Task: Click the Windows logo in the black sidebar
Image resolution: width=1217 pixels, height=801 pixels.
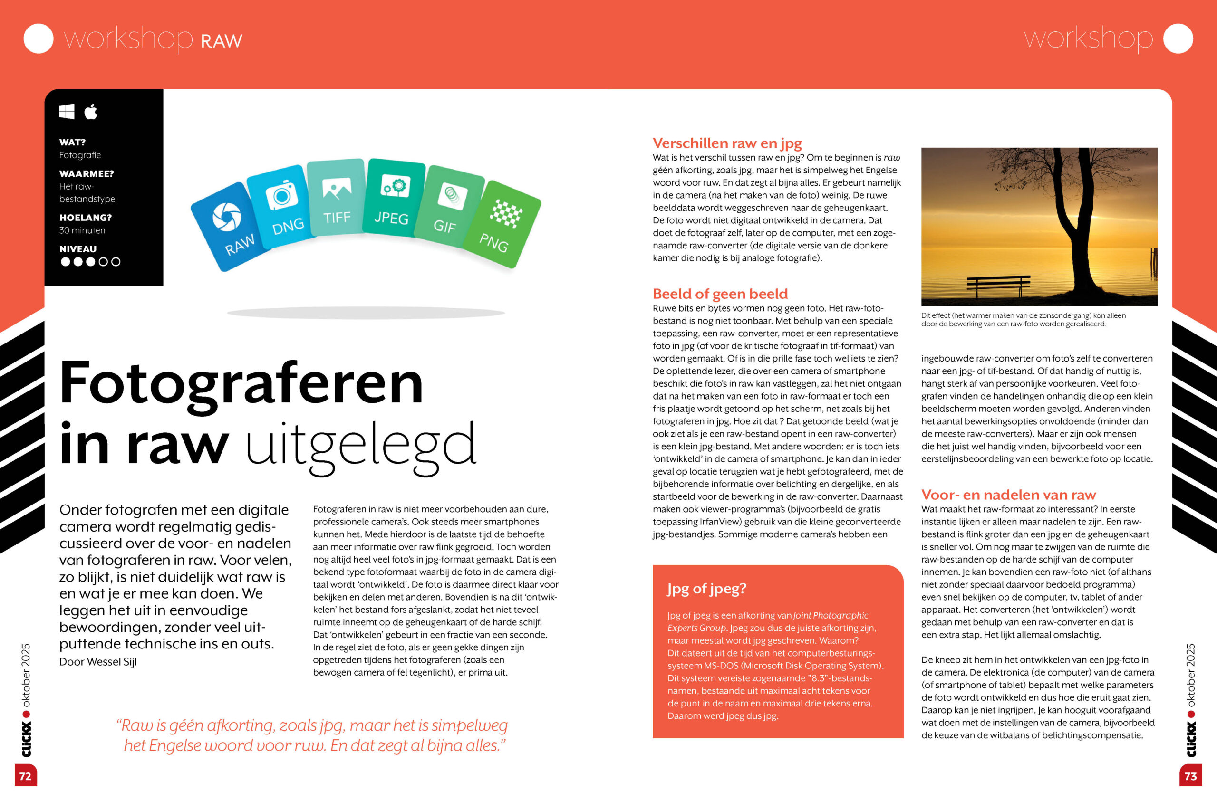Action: pyautogui.click(x=67, y=112)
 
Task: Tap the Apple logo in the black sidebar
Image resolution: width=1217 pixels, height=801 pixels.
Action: pyautogui.click(x=91, y=112)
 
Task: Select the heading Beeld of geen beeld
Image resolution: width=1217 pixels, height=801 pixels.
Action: pyautogui.click(x=720, y=294)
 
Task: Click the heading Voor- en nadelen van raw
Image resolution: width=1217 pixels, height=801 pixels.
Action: pyautogui.click(x=1008, y=495)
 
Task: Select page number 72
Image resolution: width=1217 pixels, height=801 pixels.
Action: pyautogui.click(x=25, y=776)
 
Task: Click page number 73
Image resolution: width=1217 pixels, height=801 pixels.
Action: pyautogui.click(x=1190, y=776)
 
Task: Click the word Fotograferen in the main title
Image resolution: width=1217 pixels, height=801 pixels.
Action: pyautogui.click(x=241, y=383)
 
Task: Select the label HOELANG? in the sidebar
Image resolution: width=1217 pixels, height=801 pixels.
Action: pyautogui.click(x=86, y=218)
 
